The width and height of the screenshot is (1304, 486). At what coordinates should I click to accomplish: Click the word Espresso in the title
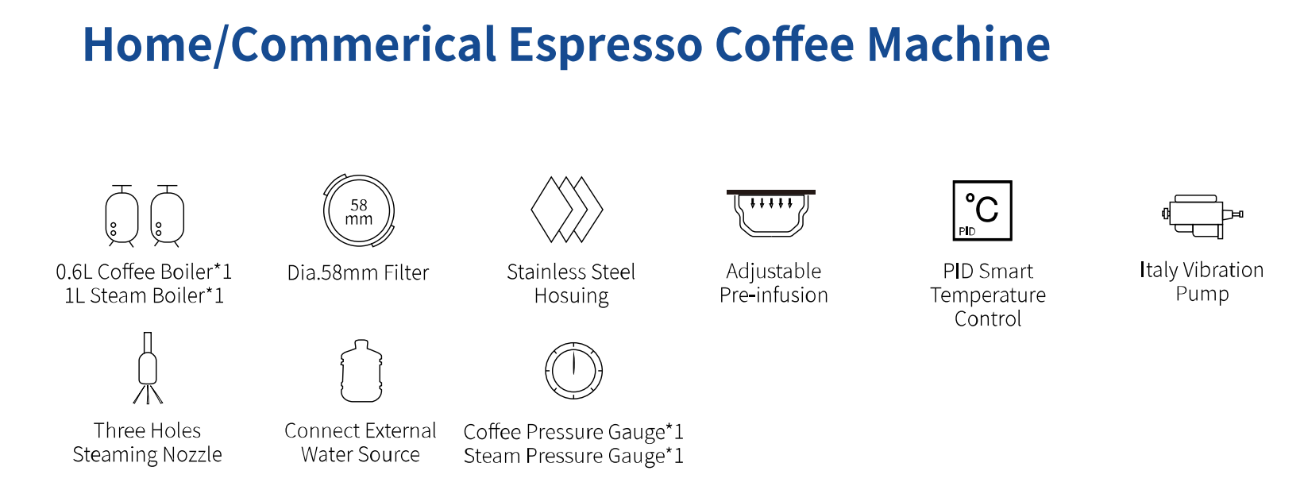coord(605,44)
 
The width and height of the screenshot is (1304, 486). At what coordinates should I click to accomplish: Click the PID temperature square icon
coord(982,210)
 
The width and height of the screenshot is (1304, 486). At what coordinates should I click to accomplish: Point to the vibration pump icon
coord(1200,216)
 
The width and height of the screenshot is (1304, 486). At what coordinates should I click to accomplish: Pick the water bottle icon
coord(361,372)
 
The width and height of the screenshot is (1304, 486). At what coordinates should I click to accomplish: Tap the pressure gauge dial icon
coord(573,371)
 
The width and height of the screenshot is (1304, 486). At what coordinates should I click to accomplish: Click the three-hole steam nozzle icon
coord(148,369)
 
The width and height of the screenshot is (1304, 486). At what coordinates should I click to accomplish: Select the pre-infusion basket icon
coord(771,213)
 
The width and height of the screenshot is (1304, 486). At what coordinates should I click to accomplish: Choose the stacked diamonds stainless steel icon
coord(567,210)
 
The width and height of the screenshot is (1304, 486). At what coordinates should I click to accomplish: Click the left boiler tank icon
coord(122,216)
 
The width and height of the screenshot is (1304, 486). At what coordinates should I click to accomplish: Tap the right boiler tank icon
coord(168,216)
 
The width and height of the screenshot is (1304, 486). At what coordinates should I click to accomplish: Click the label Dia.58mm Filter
coord(358,273)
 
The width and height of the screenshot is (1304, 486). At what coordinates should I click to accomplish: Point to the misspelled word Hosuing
coord(571,296)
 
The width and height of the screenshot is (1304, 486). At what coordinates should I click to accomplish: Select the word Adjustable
coord(774,272)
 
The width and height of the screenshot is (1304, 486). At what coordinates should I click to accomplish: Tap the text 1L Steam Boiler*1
coord(145,296)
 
